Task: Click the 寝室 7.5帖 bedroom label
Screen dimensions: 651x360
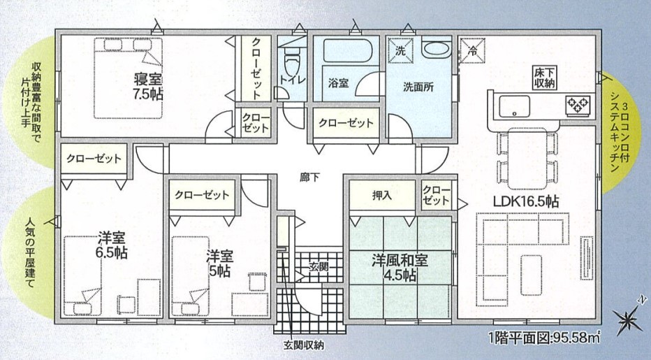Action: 148,87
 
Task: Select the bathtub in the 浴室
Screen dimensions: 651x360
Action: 346,50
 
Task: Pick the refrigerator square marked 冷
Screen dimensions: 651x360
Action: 472,51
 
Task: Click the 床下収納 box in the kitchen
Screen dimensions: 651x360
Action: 544,78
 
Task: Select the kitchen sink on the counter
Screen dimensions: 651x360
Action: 514,106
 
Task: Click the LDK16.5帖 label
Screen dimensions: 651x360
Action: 525,201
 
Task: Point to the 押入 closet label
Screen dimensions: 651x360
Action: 382,195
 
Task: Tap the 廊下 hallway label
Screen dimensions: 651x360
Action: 309,177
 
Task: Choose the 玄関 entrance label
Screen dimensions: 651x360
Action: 319,266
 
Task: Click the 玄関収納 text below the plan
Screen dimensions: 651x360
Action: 304,345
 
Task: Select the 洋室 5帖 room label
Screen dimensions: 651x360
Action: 219,264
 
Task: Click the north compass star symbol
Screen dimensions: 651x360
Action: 627,318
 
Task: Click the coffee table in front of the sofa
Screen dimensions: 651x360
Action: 532,275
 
